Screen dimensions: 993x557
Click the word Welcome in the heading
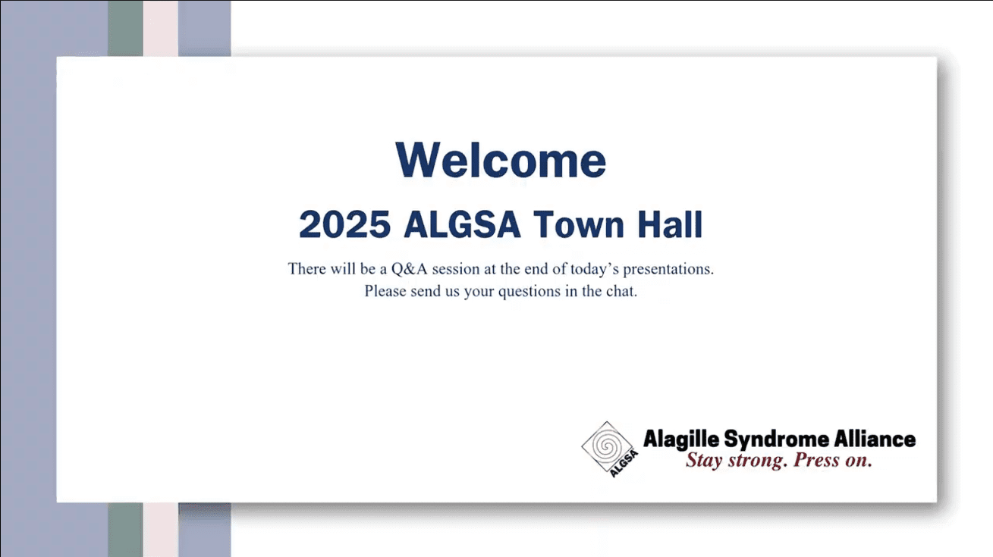click(501, 160)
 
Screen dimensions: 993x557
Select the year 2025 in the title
click(345, 224)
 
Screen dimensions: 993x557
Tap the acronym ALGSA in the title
click(461, 224)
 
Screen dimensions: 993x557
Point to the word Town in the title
click(579, 224)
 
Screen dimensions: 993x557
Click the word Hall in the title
click(671, 224)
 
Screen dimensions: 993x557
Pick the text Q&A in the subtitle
click(409, 269)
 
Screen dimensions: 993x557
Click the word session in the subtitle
click(456, 269)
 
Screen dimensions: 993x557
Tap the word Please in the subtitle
click(385, 291)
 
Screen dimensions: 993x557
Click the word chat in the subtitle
click(621, 291)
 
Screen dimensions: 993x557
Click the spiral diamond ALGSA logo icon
click(610, 449)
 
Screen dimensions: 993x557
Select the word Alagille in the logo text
click(681, 440)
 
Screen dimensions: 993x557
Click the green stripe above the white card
click(125, 28)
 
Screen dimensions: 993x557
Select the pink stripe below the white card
click(161, 530)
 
